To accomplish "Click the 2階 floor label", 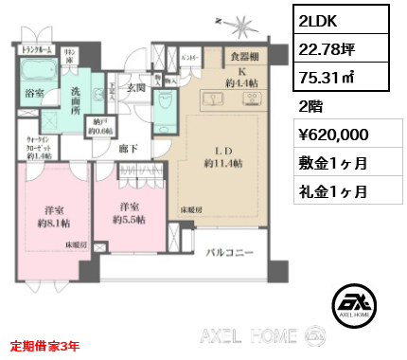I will (309, 106).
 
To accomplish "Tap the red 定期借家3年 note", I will (45, 348).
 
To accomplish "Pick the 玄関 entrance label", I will (134, 88).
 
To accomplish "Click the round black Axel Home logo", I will (357, 304).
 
